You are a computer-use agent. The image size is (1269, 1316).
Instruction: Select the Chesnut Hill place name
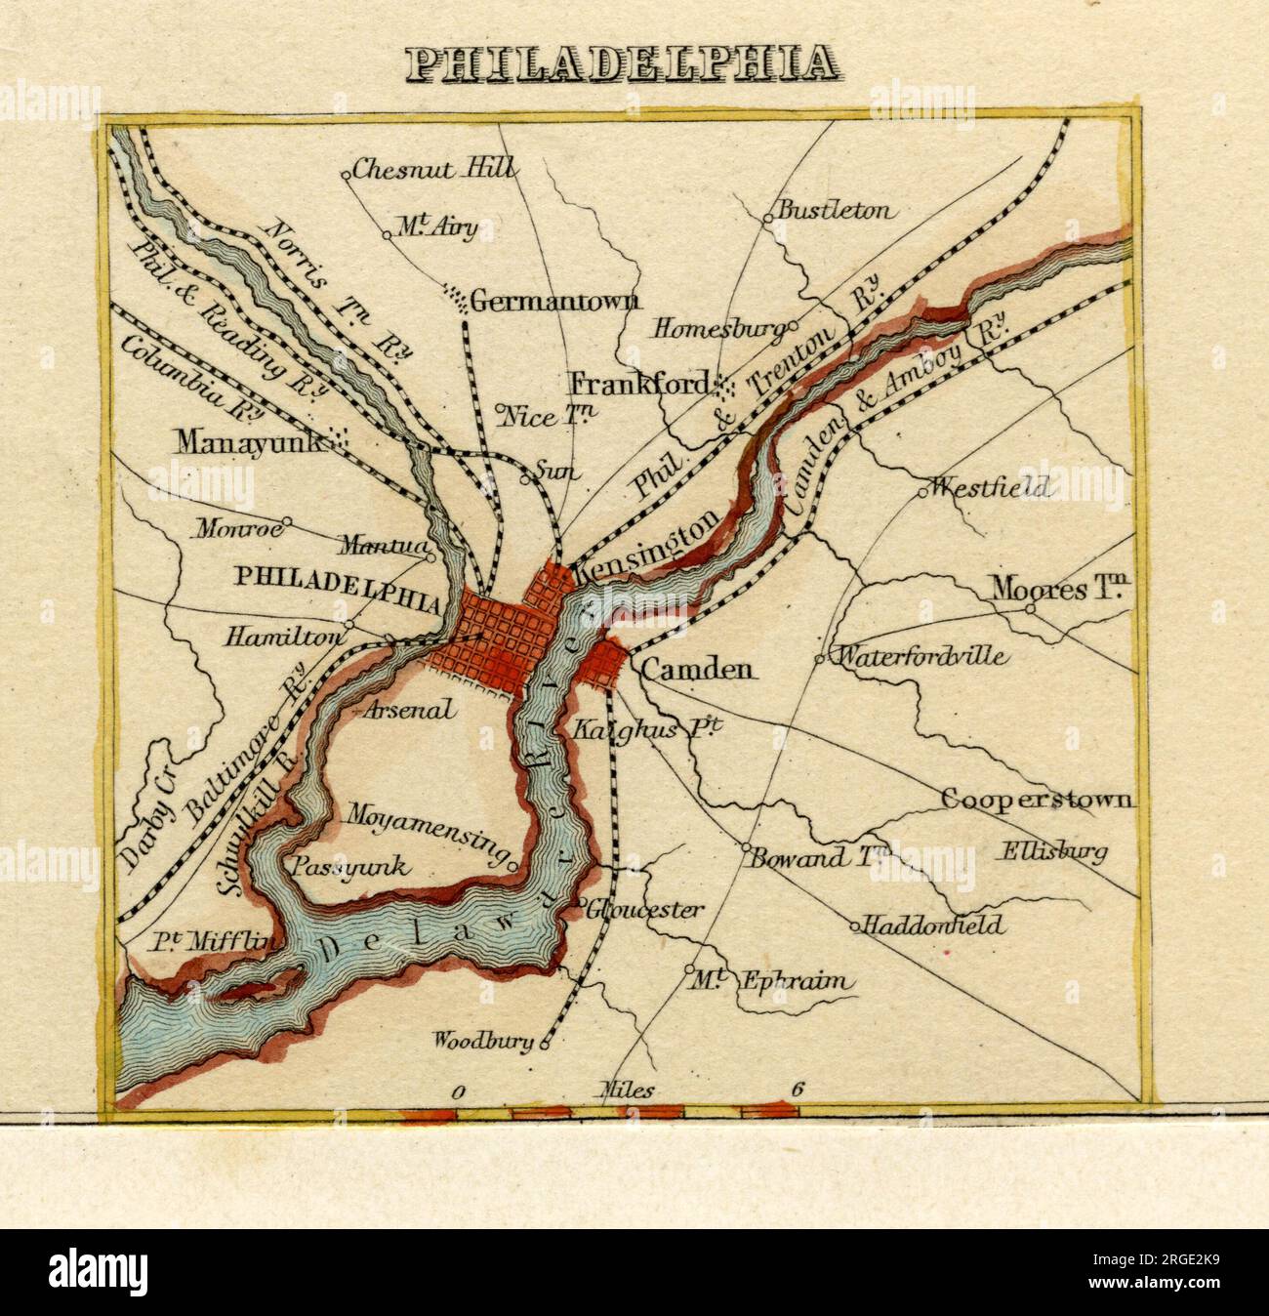point(432,169)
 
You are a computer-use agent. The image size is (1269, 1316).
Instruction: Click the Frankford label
point(639,384)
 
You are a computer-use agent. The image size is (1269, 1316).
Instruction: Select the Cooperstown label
point(1038,800)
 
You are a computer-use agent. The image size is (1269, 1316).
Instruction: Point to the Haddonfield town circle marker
point(854,925)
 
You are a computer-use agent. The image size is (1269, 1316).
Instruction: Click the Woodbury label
point(485,1041)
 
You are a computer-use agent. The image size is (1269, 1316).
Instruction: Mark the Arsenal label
point(408,710)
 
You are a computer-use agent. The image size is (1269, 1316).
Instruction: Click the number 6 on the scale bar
point(798,1090)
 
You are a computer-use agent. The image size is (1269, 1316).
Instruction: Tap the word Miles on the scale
point(625,1091)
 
